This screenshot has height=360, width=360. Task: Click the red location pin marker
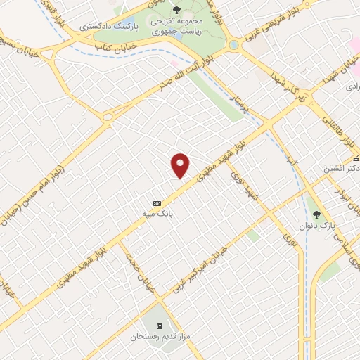coord(181,165)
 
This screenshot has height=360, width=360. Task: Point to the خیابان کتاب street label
coord(114,46)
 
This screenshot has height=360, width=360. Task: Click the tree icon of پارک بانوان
coord(316,213)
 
